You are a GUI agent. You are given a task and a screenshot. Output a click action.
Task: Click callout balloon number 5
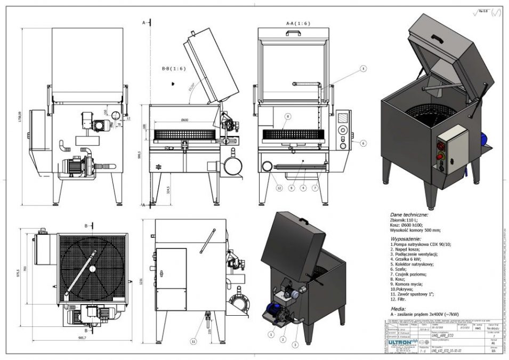[x=363, y=69]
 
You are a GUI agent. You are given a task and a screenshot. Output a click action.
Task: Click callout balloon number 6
[x=363, y=142]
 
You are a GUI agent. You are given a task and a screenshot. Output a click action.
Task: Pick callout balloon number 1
[x=271, y=335]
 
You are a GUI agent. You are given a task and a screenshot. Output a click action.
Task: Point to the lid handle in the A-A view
[x=292, y=32]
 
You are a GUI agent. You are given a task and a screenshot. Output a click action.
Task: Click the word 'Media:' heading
[x=398, y=308]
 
